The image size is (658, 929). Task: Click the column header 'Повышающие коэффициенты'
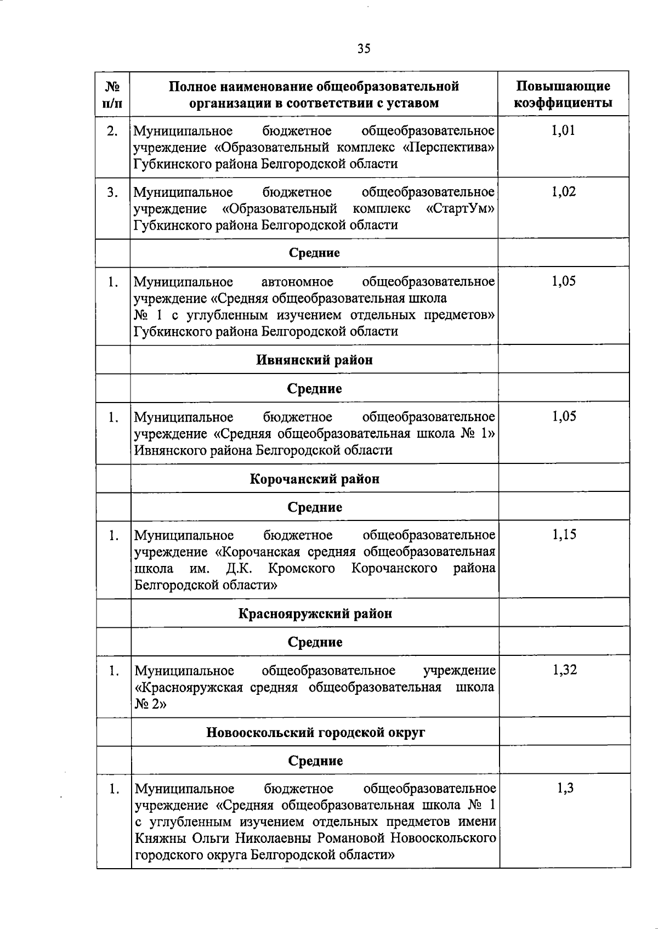[x=563, y=94]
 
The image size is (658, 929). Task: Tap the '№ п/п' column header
[x=112, y=94]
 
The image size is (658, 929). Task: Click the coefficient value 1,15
[x=564, y=535]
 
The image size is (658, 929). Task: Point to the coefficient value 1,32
[x=564, y=670]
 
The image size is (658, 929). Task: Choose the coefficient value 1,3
[x=565, y=789]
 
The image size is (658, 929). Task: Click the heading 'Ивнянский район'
[x=314, y=360]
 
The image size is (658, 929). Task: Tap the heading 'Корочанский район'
[x=314, y=479]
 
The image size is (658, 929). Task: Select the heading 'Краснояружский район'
[x=315, y=614]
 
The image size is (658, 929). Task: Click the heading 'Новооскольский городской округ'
[x=315, y=733]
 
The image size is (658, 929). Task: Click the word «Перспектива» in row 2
[x=452, y=148]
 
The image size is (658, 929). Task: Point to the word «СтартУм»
[x=460, y=209]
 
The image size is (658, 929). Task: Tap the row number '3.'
[x=112, y=192]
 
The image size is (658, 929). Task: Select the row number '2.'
[x=112, y=131]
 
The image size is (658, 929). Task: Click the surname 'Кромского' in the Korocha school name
[x=302, y=569]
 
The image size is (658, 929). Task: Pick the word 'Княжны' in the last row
[x=160, y=839]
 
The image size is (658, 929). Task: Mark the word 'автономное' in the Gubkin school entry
[x=298, y=282]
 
